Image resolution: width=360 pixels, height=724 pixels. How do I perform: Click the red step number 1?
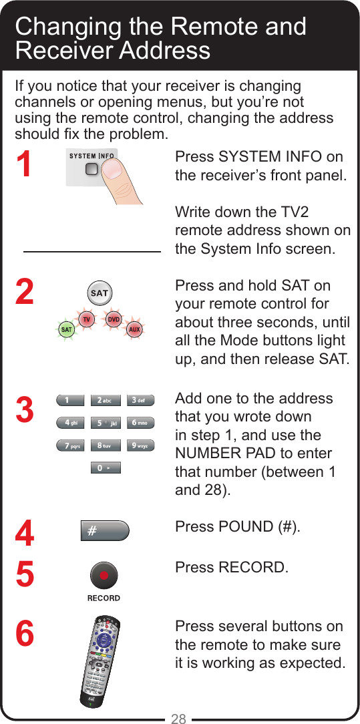(25, 164)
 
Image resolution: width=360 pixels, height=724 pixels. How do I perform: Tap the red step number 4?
(25, 534)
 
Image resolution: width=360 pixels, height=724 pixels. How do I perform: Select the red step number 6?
(25, 634)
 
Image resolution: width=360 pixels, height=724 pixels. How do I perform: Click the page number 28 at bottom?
(178, 718)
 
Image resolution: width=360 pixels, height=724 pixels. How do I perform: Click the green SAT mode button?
(67, 329)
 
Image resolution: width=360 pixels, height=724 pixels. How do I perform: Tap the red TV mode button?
(86, 320)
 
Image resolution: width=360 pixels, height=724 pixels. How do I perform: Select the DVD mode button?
(114, 320)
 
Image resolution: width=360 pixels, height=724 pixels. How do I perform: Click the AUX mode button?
(134, 329)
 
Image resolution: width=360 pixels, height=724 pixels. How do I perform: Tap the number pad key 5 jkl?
(104, 423)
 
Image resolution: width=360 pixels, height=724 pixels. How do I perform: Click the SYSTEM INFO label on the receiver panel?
(92, 157)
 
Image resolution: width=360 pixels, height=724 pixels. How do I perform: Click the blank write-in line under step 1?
(92, 251)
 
